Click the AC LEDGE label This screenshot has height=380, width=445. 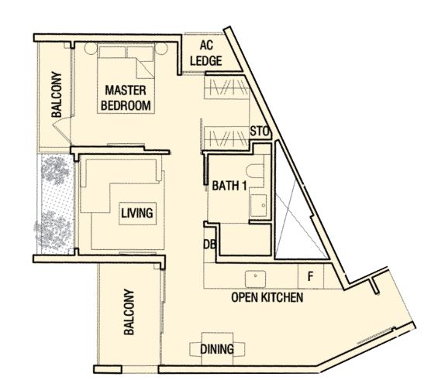tap(206, 53)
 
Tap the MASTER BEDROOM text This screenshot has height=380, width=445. tap(126, 98)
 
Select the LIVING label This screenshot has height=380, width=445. tap(137, 213)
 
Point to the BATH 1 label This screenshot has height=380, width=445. tap(229, 186)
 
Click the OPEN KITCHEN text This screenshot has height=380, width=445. tap(267, 297)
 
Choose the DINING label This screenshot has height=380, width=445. tap(217, 349)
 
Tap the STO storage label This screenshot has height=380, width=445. tap(259, 132)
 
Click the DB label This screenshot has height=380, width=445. tap(210, 245)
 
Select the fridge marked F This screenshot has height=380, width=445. tap(310, 276)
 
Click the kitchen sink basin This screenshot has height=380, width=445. tap(255, 279)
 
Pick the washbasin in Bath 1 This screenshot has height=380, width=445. tap(258, 206)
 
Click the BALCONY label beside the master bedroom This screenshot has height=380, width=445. tap(57, 94)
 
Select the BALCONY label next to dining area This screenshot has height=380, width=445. tap(129, 312)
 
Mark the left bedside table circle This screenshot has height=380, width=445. tap(91, 49)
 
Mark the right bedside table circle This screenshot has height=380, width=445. tap(161, 49)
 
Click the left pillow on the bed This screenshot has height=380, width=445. tap(112, 52)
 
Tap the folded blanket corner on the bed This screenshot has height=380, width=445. tap(145, 69)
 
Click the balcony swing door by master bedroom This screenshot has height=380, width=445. tap(62, 129)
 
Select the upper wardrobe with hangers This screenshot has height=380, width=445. tap(226, 87)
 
